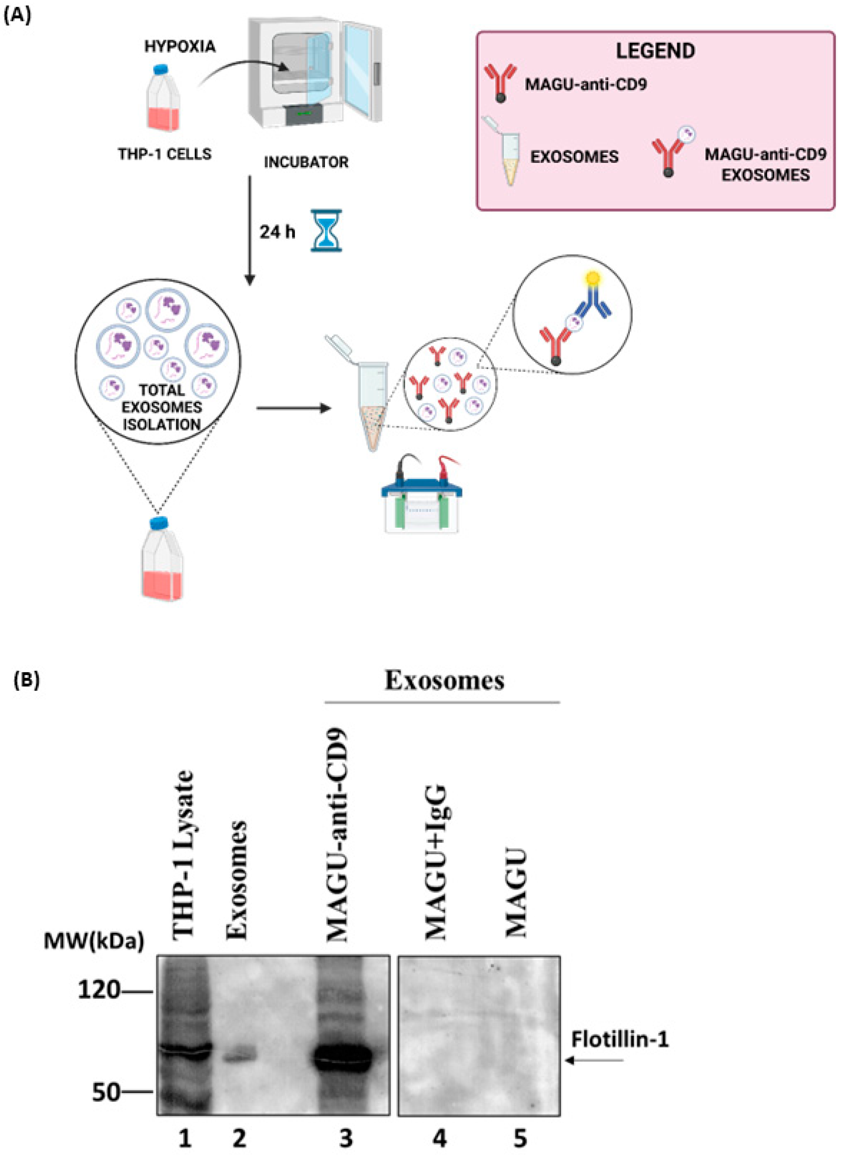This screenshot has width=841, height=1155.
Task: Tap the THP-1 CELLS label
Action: pyautogui.click(x=164, y=154)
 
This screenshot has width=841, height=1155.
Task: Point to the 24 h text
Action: pyautogui.click(x=277, y=232)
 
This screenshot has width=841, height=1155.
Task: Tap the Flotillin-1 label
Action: pyautogui.click(x=619, y=1039)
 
